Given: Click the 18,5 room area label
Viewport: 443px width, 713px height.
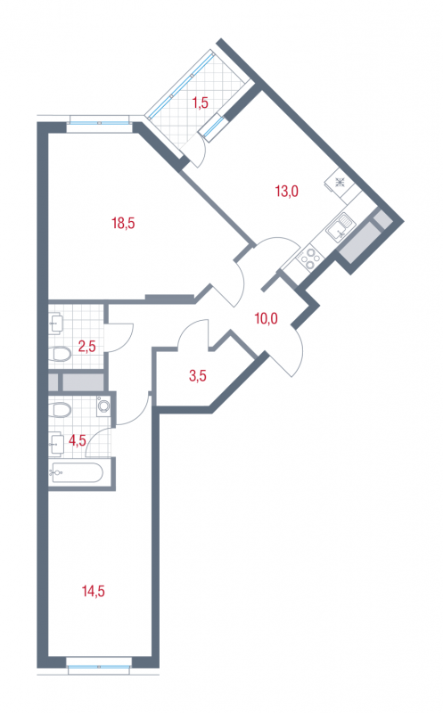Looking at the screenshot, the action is point(123,224).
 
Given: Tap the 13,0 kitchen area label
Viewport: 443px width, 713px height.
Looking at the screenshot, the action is point(286,191).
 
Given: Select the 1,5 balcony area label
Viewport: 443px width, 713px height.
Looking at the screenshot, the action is point(200,102).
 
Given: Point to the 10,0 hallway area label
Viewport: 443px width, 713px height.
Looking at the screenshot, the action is point(267,318).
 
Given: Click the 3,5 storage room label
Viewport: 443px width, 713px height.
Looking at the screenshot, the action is point(198,375).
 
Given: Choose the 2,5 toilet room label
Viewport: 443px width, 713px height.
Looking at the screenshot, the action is point(86,347).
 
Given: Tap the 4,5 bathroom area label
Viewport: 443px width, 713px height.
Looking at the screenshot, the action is point(77,440).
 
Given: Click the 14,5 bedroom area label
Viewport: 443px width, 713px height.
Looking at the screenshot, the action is point(94,591).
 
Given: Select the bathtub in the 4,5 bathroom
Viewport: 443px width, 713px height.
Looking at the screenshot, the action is point(78,473).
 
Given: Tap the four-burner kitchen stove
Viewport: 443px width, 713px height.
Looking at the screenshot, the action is point(308,258).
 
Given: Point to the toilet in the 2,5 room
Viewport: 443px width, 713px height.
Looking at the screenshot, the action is point(59,354).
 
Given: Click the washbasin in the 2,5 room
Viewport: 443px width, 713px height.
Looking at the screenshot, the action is point(57,323).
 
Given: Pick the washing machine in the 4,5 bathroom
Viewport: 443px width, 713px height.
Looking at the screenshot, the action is point(103,406).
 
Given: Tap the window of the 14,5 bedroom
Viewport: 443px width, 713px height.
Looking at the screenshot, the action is point(99,667).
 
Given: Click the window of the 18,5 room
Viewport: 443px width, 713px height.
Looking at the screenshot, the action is point(99,123).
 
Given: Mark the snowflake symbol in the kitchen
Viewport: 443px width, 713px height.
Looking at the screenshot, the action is point(340,184).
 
